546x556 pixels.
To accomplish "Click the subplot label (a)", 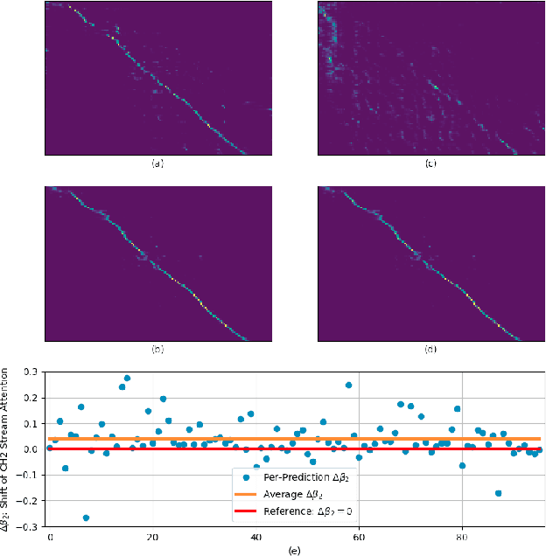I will tap(156, 163).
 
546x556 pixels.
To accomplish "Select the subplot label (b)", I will tap(156, 349).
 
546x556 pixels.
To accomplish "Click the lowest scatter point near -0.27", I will tap(86, 518).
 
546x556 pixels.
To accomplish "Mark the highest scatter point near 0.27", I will tap(127, 379).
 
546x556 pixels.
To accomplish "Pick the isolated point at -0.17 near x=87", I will tap(498, 493).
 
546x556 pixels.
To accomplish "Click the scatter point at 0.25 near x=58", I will tap(348, 385).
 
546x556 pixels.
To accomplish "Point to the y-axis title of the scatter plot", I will tap(10, 448).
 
